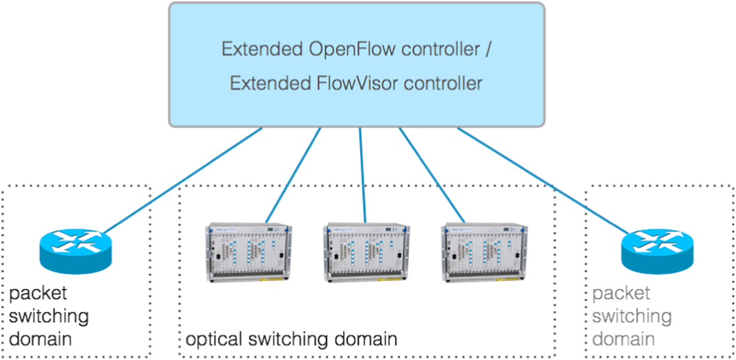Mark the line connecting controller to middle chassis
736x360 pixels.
pos(362,174)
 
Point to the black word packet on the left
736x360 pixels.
pos(38,293)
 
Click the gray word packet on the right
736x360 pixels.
pos(621,293)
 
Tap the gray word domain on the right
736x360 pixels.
pos(623,339)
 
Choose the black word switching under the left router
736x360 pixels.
pos(49,316)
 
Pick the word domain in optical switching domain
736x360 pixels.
pos(365,339)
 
